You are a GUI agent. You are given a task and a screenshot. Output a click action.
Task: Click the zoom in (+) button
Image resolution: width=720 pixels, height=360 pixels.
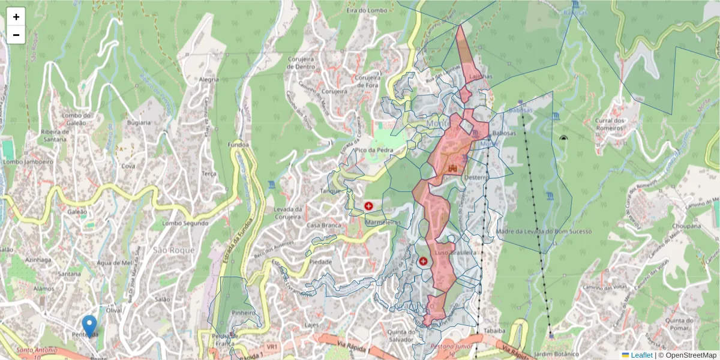16,17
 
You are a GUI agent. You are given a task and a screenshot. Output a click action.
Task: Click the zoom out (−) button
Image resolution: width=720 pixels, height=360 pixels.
16,35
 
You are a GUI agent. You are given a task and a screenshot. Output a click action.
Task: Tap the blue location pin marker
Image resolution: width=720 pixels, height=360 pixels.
89,326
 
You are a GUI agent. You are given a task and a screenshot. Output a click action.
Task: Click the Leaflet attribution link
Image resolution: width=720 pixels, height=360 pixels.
641,355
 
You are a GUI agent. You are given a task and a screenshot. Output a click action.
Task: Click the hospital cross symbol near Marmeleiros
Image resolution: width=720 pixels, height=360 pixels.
368,206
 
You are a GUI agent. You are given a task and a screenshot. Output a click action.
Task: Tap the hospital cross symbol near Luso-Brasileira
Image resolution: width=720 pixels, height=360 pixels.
423,262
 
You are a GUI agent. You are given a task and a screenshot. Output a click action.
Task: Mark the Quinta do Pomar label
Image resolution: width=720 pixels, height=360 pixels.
679,325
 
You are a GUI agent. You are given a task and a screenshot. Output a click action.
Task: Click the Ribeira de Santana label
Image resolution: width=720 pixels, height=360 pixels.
62,136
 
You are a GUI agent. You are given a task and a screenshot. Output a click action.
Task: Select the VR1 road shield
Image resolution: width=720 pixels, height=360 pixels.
272,347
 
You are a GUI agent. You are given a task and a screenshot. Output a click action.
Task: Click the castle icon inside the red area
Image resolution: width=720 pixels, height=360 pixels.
453,168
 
